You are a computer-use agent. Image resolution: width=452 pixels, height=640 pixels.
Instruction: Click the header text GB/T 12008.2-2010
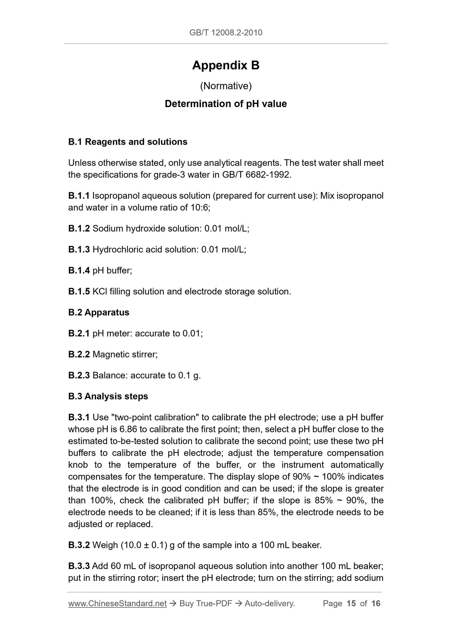[x=226, y=32]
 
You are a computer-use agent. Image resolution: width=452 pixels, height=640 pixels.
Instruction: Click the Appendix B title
[x=226, y=65]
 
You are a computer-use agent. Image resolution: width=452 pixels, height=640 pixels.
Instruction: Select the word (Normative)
[x=226, y=86]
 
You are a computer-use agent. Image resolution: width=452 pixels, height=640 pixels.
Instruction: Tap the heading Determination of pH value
[x=226, y=104]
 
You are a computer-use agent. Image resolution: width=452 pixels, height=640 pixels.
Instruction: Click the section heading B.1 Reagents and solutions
[x=128, y=142]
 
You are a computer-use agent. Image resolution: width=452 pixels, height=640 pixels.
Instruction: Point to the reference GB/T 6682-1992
[x=256, y=175]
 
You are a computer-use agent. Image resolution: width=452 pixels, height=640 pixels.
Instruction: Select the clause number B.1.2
[x=79, y=229]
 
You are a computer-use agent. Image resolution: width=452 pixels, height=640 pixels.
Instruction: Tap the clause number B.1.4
[x=79, y=271]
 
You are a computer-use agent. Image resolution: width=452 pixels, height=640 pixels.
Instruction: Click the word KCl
[x=99, y=292]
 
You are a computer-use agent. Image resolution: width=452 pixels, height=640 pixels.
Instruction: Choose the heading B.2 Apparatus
[x=99, y=312]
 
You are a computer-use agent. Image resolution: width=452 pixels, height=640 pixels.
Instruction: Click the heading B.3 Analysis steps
[x=108, y=396]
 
